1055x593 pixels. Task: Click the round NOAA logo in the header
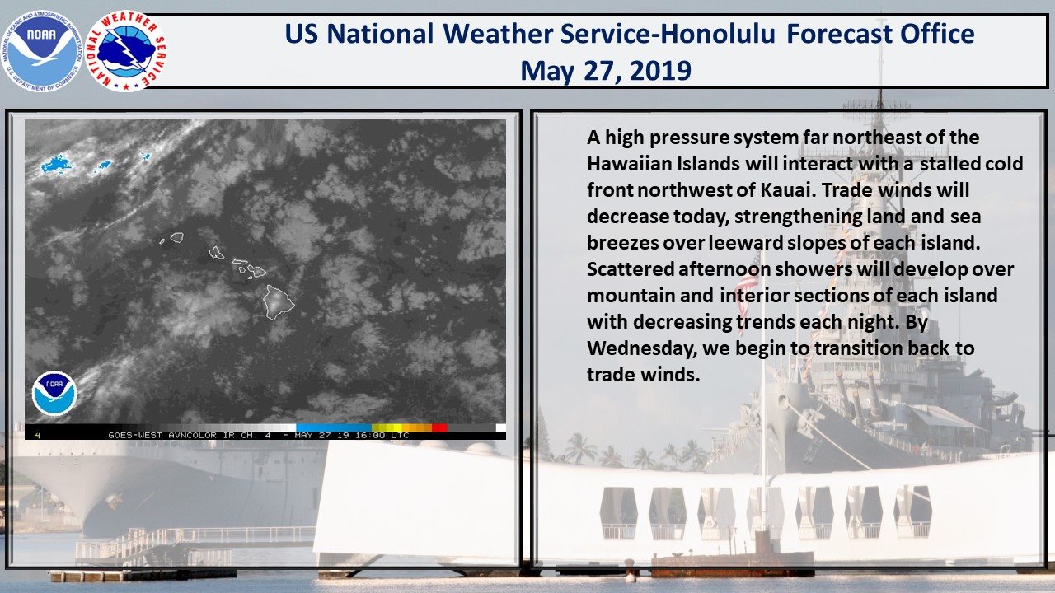41,51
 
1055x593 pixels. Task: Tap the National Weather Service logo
126,51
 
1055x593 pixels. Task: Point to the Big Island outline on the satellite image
279,302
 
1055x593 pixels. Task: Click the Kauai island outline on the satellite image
177,238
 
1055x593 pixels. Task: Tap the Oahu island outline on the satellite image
216,253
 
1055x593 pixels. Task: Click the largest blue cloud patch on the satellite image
56,164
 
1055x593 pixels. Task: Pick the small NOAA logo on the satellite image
54,394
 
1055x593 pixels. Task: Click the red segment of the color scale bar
439,427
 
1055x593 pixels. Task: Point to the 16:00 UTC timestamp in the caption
382,436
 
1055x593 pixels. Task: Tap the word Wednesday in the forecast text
641,348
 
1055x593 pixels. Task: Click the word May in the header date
547,72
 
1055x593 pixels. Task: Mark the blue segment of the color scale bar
334,427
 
